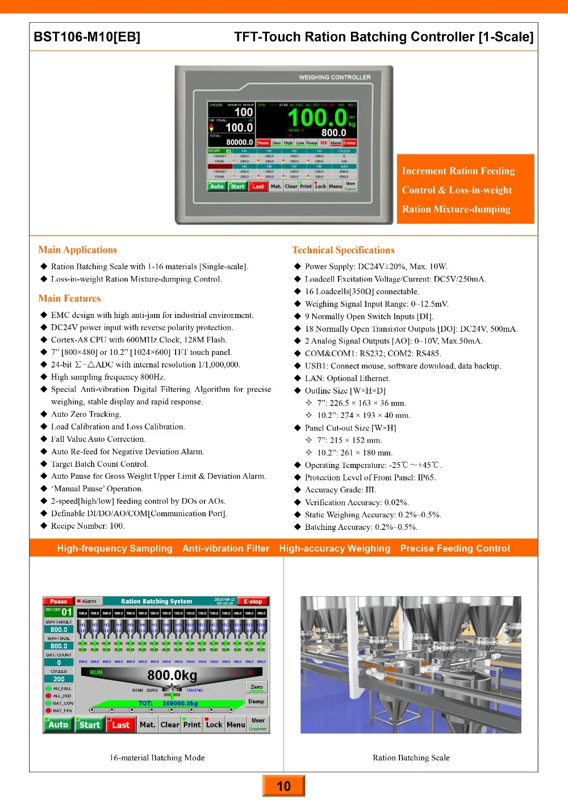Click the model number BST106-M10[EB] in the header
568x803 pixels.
87,37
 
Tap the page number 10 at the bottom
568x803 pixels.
283,786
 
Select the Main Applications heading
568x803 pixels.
78,250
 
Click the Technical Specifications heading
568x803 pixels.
343,250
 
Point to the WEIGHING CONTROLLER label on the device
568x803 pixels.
335,77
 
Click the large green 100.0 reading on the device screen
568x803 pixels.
317,118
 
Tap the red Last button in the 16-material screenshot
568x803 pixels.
120,725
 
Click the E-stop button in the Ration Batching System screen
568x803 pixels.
253,601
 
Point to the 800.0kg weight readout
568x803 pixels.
172,675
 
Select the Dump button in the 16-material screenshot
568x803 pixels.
256,701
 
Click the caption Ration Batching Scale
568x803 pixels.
411,758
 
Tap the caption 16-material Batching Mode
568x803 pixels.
157,758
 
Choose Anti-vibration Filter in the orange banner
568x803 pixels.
225,549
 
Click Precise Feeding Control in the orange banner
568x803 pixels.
455,549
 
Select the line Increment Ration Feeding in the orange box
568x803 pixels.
458,171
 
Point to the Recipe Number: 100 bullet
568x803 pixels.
87,526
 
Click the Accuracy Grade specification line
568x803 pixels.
340,490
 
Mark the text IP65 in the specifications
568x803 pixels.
427,478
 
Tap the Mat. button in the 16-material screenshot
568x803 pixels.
147,725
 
